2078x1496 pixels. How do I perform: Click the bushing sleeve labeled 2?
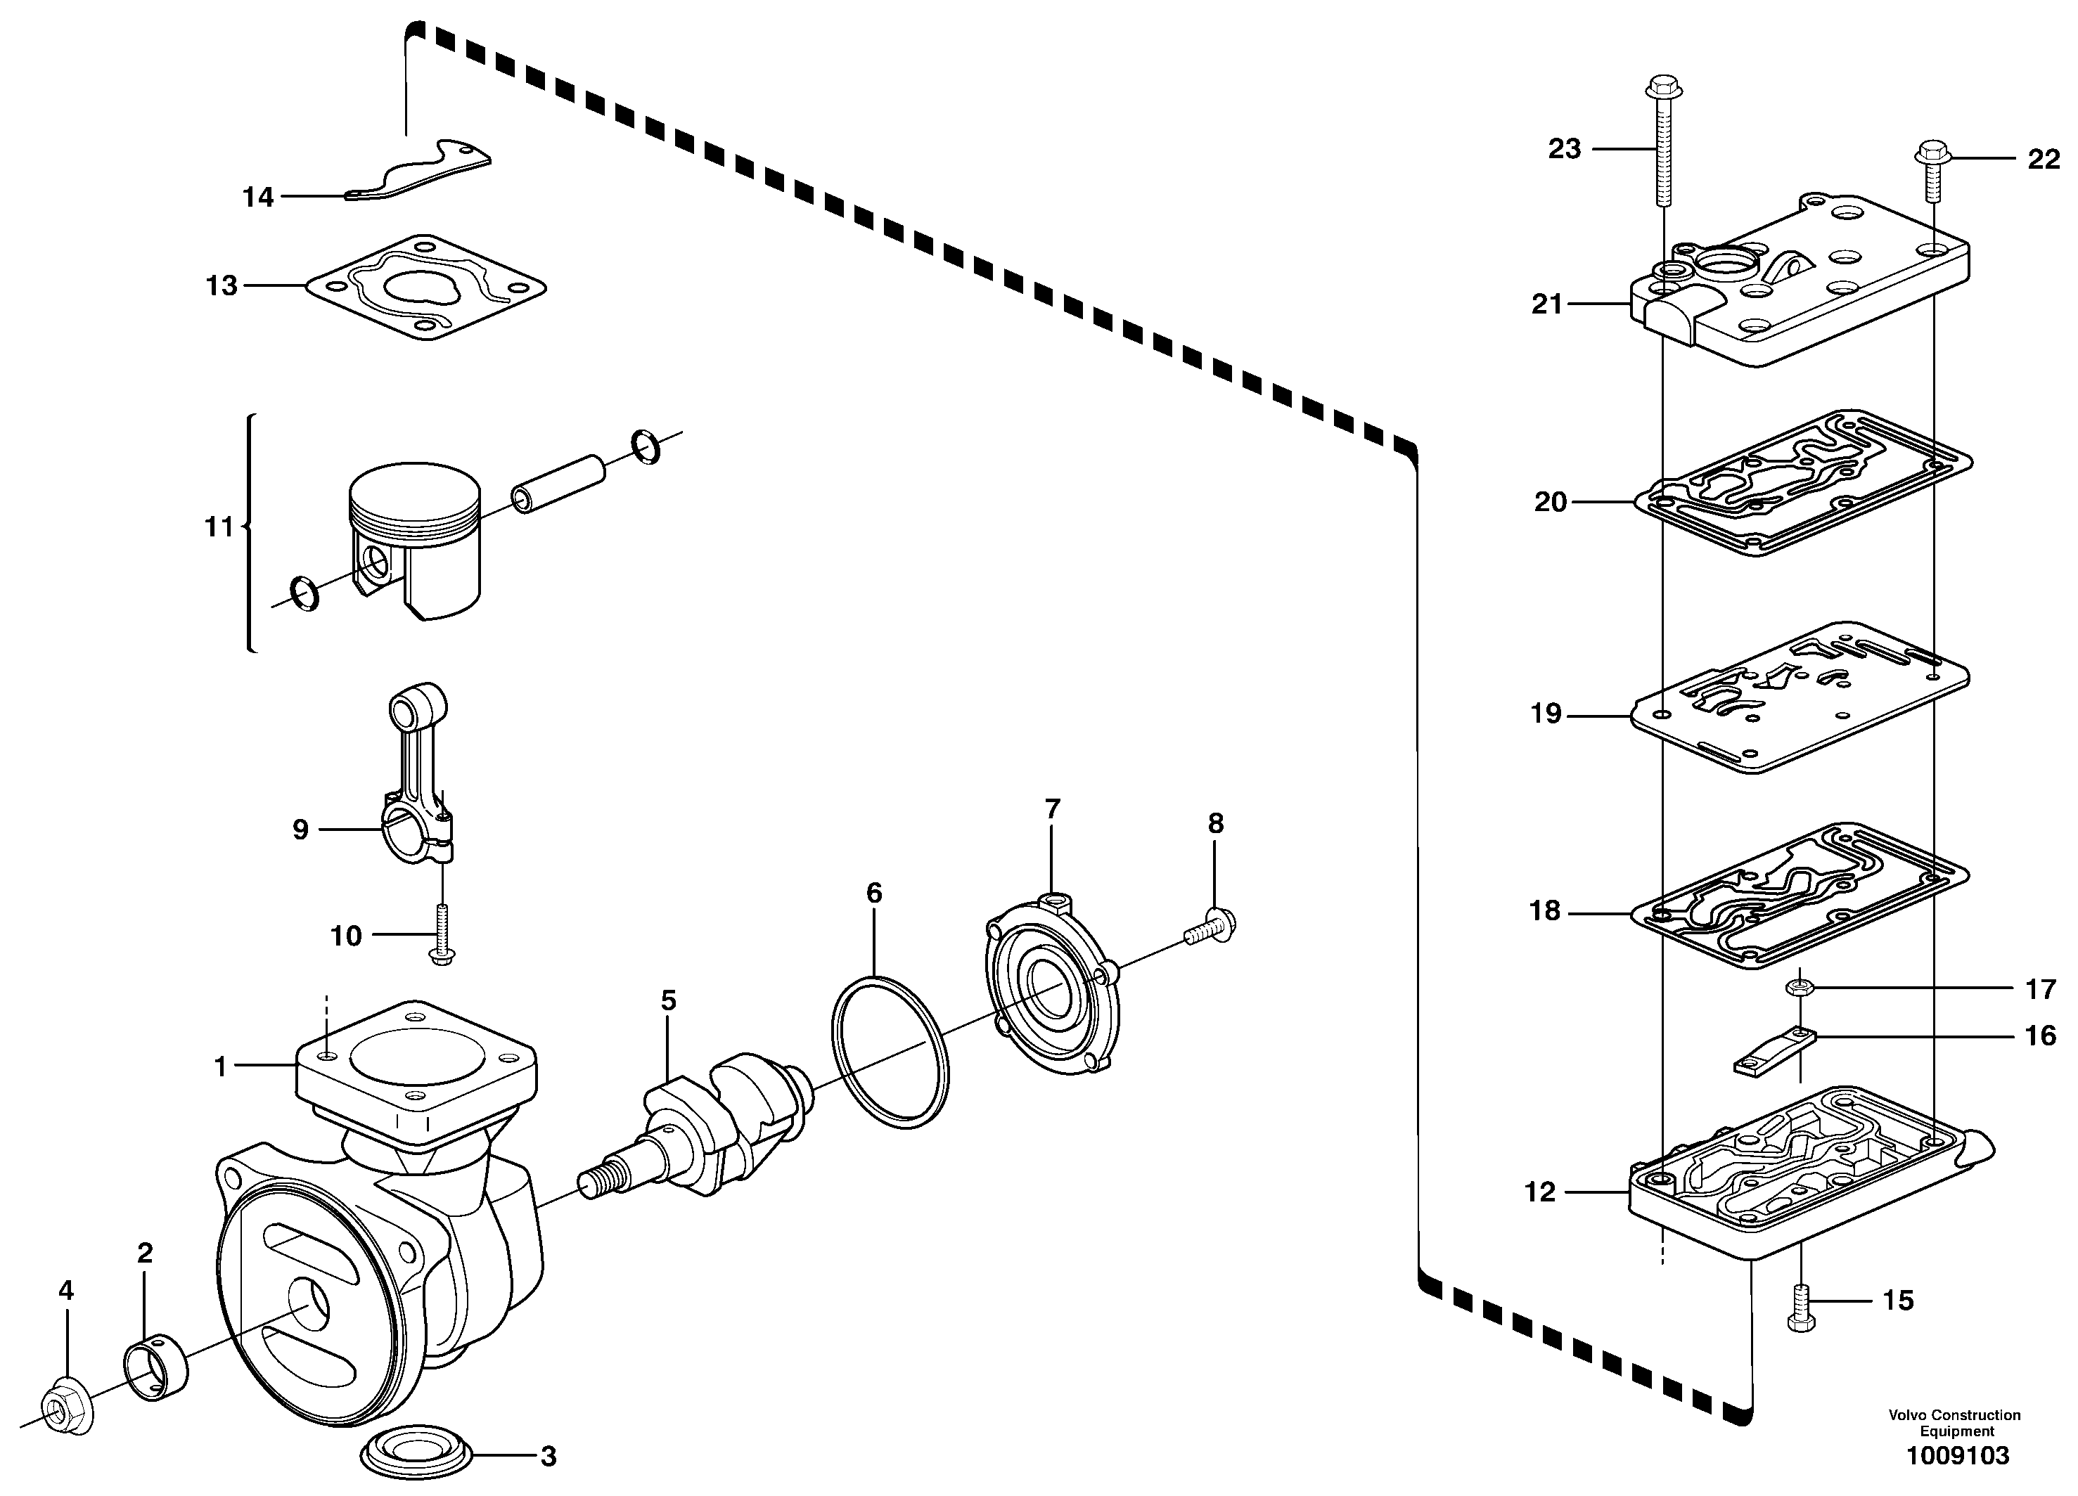(x=155, y=1370)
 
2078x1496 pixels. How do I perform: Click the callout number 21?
(x=1546, y=303)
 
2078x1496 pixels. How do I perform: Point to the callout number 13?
(x=222, y=286)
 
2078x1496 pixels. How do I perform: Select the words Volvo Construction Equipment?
(x=1954, y=1424)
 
